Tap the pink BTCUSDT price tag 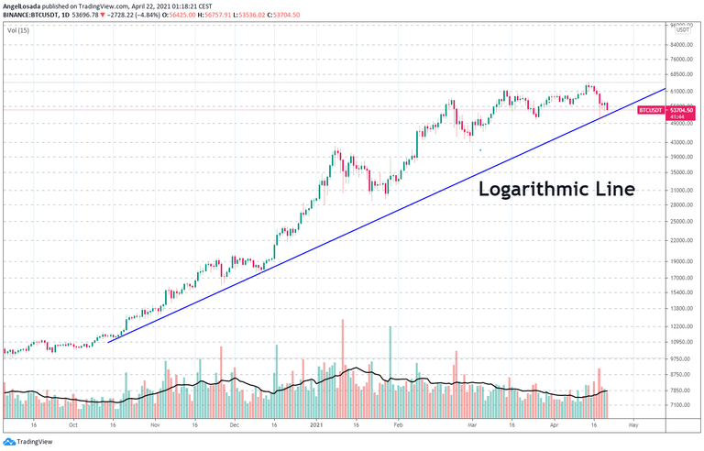click(650, 109)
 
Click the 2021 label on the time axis click(317, 425)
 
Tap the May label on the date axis click(632, 425)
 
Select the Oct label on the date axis click(73, 425)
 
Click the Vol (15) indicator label click(17, 30)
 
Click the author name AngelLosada click(22, 5)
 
